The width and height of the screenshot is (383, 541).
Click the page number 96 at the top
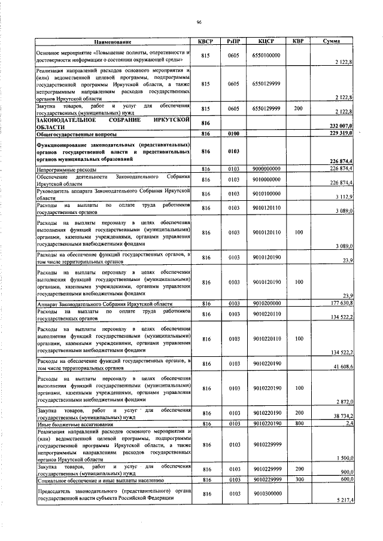pyautogui.click(x=199, y=23)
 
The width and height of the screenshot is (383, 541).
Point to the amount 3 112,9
pyautogui.click(x=344, y=197)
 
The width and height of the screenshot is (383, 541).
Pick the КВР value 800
pyautogui.click(x=298, y=423)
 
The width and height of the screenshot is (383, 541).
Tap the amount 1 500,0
pyautogui.click(x=344, y=458)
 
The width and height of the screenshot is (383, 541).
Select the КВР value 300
pyautogui.click(x=298, y=479)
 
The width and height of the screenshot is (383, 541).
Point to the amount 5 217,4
pyautogui.click(x=344, y=500)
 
